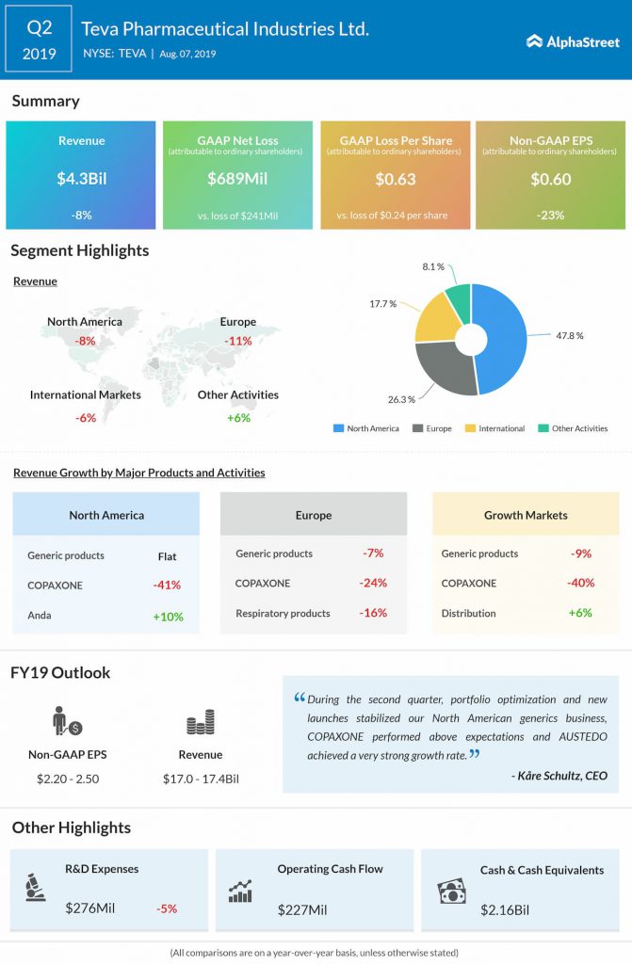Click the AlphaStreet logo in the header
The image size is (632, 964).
572,41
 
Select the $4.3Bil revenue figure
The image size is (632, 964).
81,178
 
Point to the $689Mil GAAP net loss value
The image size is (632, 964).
237,178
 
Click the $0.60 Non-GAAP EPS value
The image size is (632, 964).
550,178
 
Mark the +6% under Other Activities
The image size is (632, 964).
238,417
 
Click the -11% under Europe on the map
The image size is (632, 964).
238,341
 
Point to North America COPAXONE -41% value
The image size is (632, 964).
167,585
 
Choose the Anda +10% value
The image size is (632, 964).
167,617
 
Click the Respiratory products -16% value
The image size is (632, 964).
373,613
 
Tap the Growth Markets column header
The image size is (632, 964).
526,515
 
